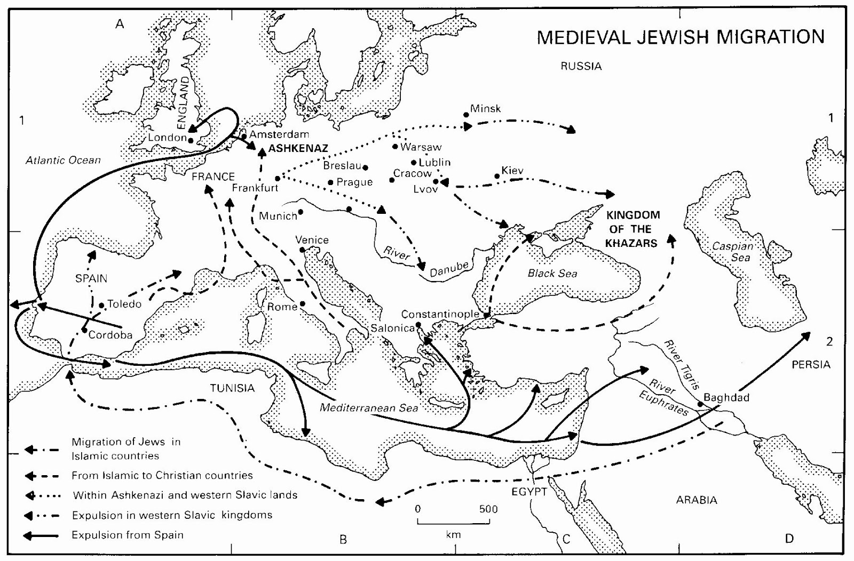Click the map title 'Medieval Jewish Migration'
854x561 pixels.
click(x=680, y=37)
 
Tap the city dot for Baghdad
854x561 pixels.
click(x=700, y=404)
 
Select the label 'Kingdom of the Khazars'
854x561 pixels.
click(x=632, y=229)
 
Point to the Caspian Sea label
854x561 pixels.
click(x=733, y=252)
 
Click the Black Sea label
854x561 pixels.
click(x=552, y=274)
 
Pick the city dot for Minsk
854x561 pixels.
click(x=466, y=115)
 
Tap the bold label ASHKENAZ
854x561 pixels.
click(x=298, y=149)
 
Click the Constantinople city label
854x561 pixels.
click(x=440, y=314)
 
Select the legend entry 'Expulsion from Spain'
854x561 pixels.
click(x=127, y=535)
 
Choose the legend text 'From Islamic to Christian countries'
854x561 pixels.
click(x=162, y=475)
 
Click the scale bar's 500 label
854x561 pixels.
click(x=488, y=509)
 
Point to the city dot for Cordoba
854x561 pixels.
click(x=84, y=330)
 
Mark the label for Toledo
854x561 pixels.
click(x=124, y=304)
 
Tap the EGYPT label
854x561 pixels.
click(x=529, y=492)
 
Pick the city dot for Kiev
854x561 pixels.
click(x=497, y=177)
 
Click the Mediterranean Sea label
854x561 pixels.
click(x=369, y=408)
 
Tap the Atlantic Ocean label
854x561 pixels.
click(x=63, y=160)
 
